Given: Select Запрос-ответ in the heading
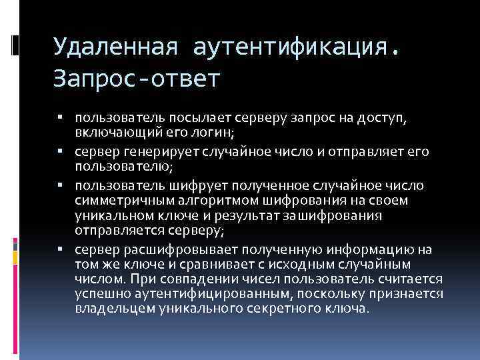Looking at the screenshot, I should tap(136, 79).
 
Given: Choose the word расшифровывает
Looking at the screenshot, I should tap(167, 249).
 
